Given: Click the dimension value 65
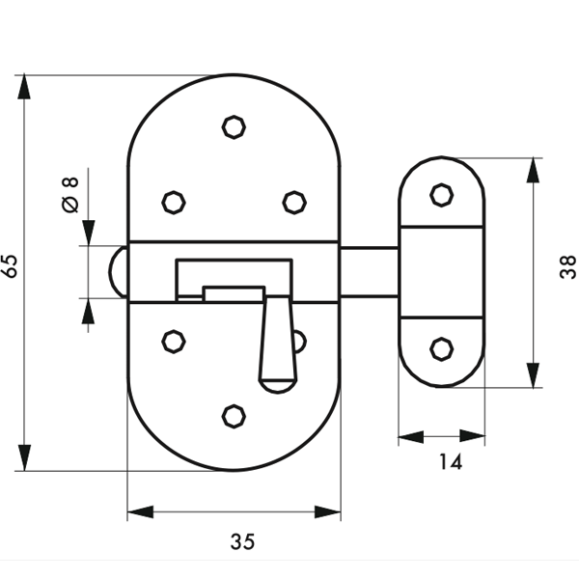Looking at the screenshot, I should tap(12, 266).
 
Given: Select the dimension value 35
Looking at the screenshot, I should tap(242, 542).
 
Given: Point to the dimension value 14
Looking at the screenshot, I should tap(450, 462).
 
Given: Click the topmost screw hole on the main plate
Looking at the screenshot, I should tap(234, 126).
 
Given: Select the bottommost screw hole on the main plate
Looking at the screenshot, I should tap(234, 415).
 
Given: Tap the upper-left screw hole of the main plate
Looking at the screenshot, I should tap(174, 202).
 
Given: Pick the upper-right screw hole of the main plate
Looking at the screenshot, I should tap(294, 202).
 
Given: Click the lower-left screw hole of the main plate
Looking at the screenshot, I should tap(174, 341).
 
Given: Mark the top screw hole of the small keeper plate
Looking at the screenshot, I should tap(441, 195).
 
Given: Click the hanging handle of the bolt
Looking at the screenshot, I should tap(276, 343).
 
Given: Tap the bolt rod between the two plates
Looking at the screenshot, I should tap(370, 272).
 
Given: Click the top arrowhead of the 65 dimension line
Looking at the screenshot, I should tap(24, 85).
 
